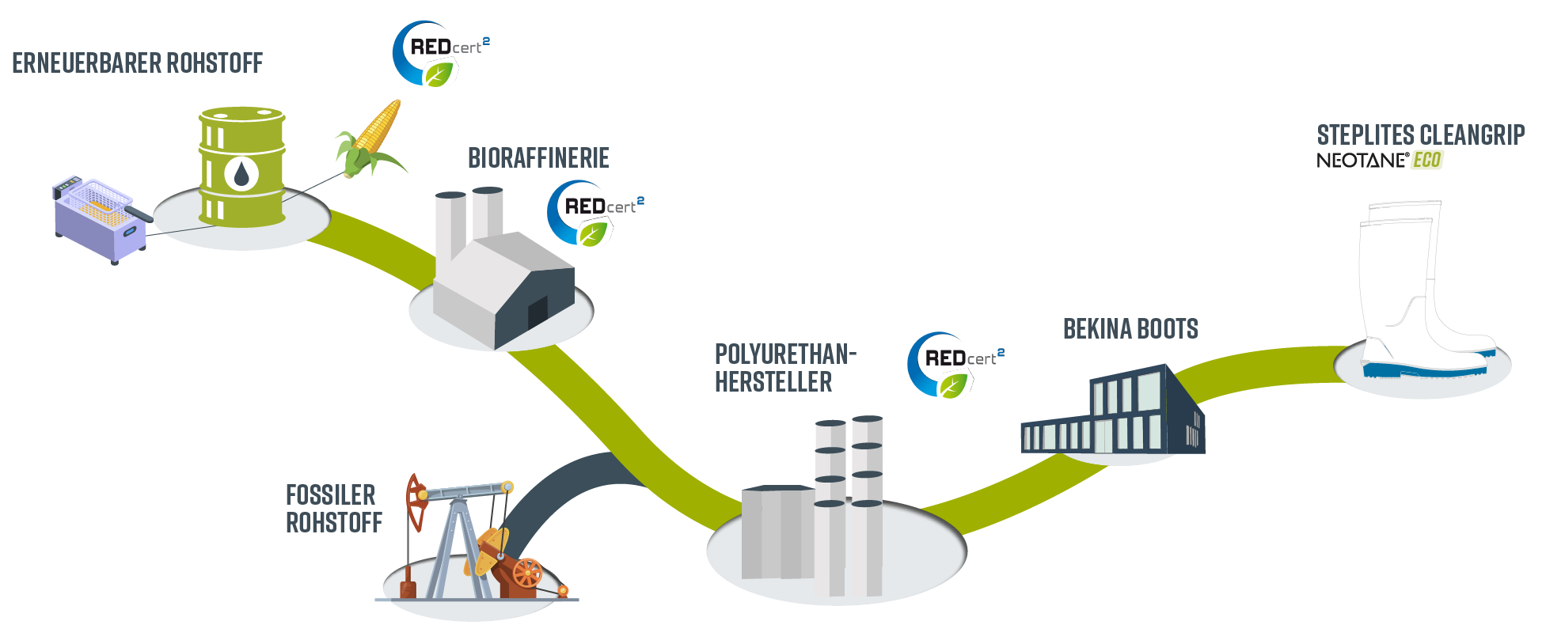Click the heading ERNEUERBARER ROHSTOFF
point(137,63)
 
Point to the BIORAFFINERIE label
point(538,158)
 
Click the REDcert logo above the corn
point(438,54)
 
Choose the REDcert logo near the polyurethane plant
point(952,365)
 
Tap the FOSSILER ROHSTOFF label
point(332,509)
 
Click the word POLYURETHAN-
point(784,354)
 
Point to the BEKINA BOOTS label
point(1130,329)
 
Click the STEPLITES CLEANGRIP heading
point(1420,134)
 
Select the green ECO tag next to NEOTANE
point(1426,161)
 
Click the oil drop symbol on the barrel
point(241,173)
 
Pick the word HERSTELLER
point(773,383)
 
